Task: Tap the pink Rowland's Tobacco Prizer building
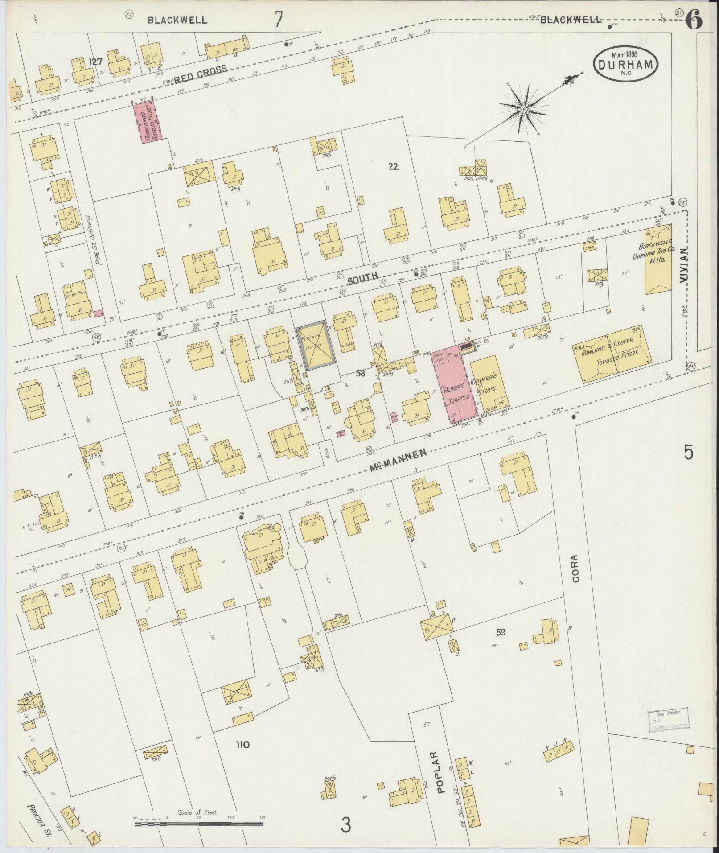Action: [149, 121]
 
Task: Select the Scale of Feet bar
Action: [198, 821]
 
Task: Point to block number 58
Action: [360, 373]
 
